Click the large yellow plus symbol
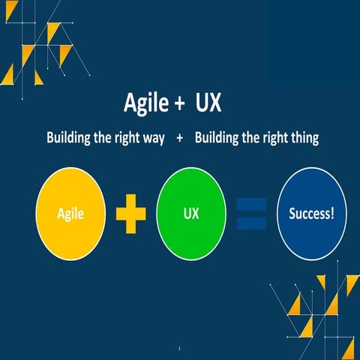(130, 214)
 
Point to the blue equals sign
(251, 214)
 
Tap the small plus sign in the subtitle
(180, 139)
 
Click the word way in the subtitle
(152, 139)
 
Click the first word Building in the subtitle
(70, 139)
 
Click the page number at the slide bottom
(180, 349)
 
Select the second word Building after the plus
(217, 139)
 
